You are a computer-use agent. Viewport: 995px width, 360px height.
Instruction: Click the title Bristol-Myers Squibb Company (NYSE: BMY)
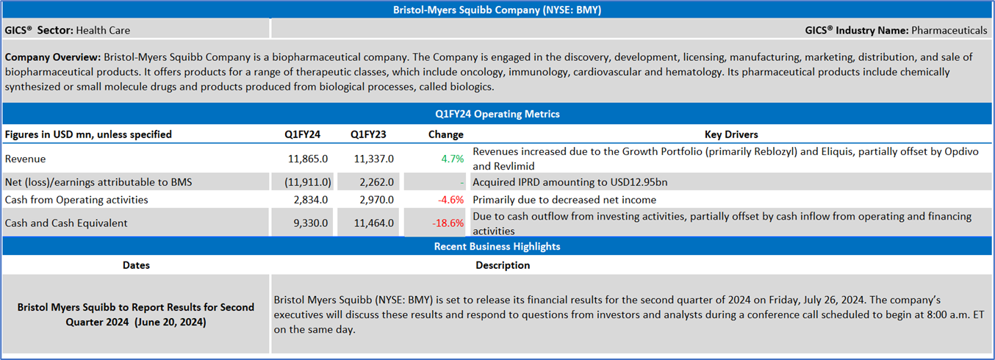497,10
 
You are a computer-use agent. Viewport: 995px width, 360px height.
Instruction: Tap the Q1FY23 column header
368,134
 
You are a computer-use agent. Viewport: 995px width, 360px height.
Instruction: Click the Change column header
445,134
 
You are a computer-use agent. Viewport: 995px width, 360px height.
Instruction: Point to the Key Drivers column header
730,134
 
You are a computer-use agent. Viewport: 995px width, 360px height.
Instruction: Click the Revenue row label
25,159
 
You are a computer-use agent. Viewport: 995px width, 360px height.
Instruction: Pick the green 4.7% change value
453,159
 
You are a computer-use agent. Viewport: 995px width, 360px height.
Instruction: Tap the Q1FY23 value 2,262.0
376,182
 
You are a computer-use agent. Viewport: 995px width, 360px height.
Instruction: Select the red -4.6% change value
450,200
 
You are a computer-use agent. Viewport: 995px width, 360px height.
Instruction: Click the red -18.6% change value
448,223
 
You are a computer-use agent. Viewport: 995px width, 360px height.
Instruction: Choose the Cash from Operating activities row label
76,200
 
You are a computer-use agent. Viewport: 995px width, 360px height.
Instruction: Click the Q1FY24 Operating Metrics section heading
497,114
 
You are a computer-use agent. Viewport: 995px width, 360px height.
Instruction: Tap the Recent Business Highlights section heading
497,246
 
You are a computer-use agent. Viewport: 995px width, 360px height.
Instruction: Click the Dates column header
136,265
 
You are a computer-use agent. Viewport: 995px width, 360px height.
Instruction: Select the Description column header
503,265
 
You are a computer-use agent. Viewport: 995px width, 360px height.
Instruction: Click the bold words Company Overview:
53,57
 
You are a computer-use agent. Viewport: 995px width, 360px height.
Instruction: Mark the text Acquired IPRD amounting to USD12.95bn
570,182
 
